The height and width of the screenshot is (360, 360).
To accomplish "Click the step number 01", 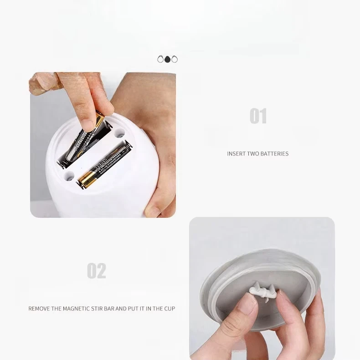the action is click(x=258, y=116).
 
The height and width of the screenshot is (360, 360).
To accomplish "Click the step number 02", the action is click(x=97, y=271).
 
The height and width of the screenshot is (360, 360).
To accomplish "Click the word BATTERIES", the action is click(x=274, y=154).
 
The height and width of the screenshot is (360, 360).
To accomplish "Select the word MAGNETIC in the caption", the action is click(x=76, y=309).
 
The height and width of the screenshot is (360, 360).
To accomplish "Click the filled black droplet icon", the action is click(x=168, y=59).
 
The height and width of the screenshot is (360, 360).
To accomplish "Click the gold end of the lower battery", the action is click(x=85, y=181).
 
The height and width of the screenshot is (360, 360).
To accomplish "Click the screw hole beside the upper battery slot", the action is click(x=119, y=134).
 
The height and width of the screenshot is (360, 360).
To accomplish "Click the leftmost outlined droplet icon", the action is click(x=160, y=59).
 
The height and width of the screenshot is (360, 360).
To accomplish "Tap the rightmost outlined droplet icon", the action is click(x=175, y=59).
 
